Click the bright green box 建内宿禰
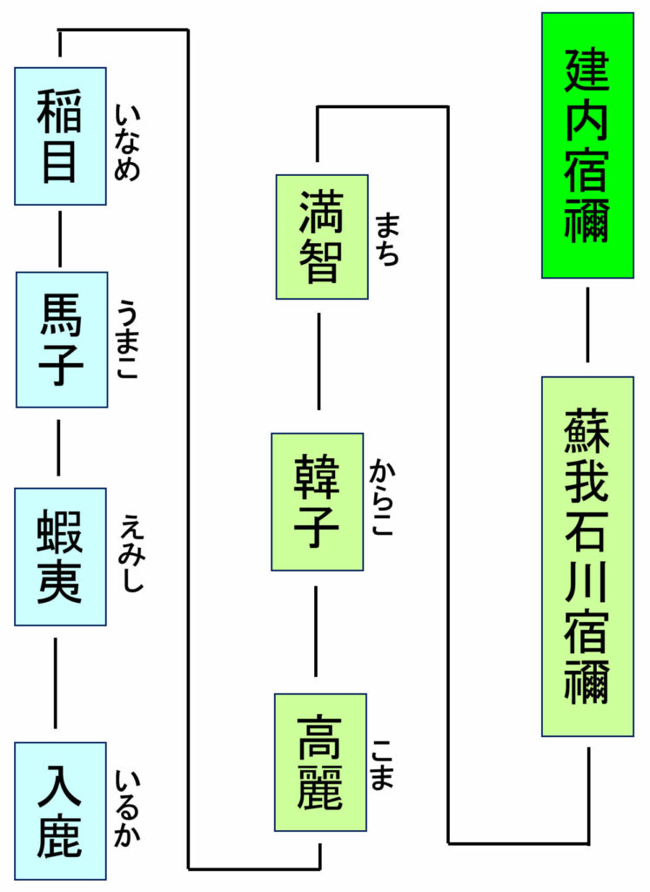(587, 145)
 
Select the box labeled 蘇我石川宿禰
(587, 556)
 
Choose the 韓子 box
(317, 501)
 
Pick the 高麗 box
(319, 761)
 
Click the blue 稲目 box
(60, 136)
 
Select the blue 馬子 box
(61, 339)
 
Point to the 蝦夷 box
(60, 556)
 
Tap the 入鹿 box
(60, 810)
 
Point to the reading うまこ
(128, 340)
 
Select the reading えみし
(131, 553)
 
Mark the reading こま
(383, 763)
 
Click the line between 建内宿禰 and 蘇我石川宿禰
(587, 324)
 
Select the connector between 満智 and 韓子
(318, 361)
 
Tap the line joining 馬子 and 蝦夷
(59, 446)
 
